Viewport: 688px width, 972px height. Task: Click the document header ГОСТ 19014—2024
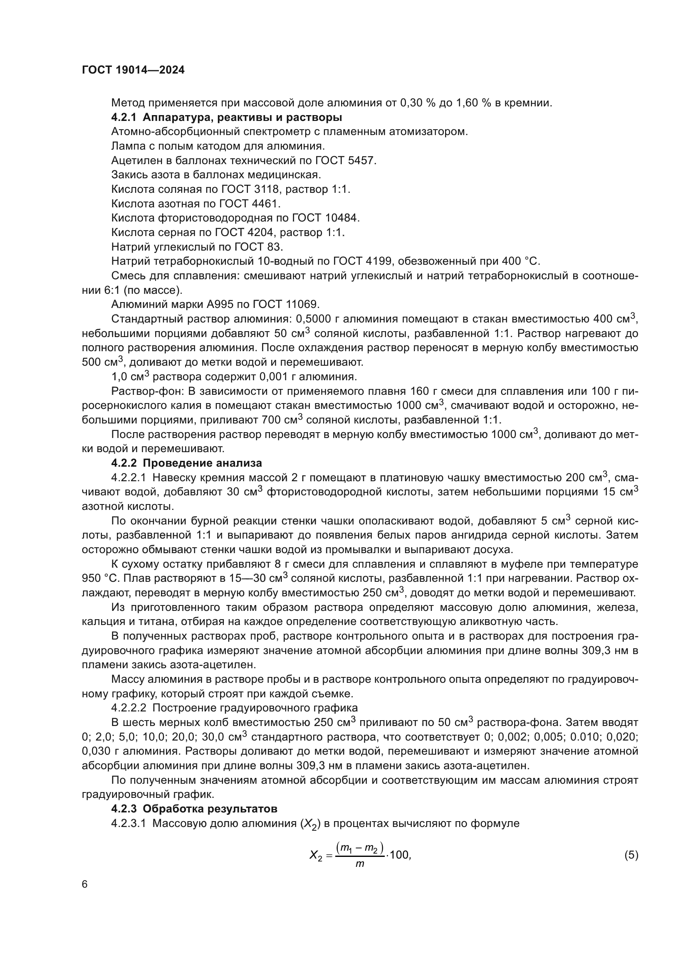133,70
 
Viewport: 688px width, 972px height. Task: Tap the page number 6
85,884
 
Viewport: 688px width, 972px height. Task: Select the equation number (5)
631,855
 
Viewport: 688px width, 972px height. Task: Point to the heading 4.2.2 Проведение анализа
186,463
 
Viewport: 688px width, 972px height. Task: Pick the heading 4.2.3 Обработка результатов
194,809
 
